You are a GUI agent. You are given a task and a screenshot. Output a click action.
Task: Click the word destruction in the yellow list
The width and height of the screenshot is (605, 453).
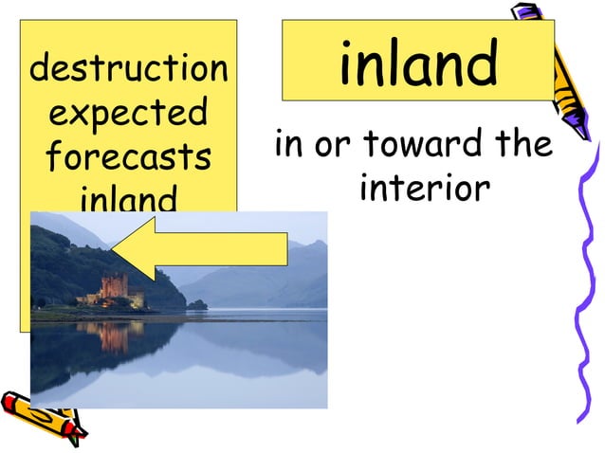tap(129, 69)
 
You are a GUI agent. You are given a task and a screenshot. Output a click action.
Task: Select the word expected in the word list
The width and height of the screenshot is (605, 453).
tap(129, 114)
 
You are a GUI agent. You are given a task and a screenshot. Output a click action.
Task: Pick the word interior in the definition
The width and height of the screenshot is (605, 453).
tap(425, 188)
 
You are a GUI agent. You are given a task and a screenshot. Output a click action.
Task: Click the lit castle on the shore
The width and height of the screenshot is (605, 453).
tap(115, 290)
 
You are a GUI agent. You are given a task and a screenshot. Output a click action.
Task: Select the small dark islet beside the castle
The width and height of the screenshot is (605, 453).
tap(196, 305)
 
